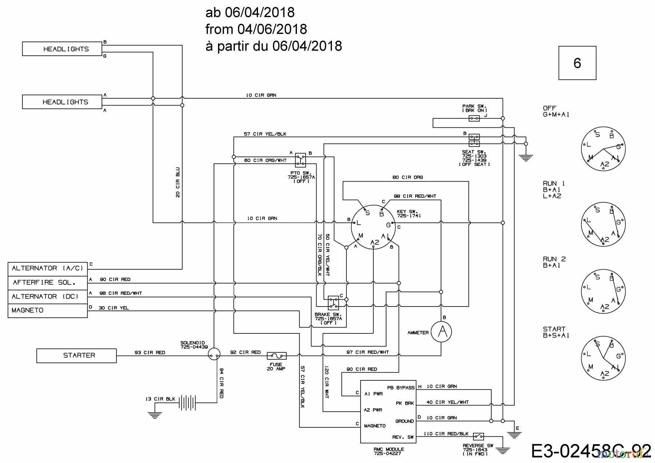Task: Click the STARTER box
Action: (76, 356)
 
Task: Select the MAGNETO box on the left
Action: (47, 310)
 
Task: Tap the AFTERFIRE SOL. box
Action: (47, 282)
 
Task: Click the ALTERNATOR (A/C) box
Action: (47, 269)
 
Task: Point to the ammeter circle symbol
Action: (441, 332)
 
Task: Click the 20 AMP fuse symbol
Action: (277, 356)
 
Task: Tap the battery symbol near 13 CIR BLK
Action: (187, 403)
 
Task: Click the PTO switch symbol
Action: (300, 160)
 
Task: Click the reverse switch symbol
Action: (479, 436)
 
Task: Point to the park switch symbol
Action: (474, 118)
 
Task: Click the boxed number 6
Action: (577, 63)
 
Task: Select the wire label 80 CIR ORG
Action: (408, 177)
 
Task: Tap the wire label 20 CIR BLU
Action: (178, 182)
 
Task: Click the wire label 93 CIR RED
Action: (150, 352)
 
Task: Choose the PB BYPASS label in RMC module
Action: (401, 388)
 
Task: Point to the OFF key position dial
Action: (603, 149)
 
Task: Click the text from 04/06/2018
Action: (256, 29)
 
